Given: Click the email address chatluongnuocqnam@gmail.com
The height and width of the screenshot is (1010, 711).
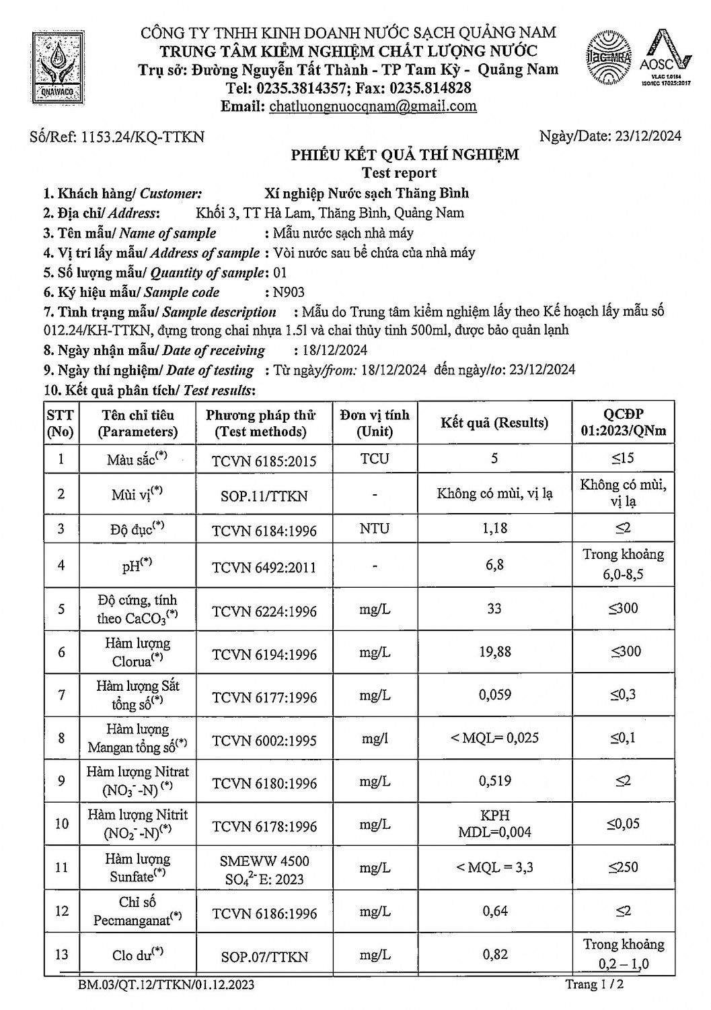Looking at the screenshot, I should pyautogui.click(x=373, y=106).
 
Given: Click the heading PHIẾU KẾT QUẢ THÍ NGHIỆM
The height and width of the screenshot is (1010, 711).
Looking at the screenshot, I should pyautogui.click(x=404, y=155).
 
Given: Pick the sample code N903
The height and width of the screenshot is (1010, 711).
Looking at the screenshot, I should pyautogui.click(x=288, y=292).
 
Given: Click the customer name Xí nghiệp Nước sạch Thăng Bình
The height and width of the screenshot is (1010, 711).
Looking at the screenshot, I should pyautogui.click(x=367, y=194).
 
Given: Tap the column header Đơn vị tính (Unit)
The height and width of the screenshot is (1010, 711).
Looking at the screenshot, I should pyautogui.click(x=375, y=423).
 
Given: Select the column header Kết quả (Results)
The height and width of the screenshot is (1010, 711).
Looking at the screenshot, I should pyautogui.click(x=494, y=423).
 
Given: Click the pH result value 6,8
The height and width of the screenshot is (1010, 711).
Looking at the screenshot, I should pyautogui.click(x=494, y=565).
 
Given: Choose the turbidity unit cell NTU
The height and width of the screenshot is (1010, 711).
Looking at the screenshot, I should pyautogui.click(x=375, y=529).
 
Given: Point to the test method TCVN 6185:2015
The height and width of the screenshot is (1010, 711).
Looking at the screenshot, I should pyautogui.click(x=264, y=461).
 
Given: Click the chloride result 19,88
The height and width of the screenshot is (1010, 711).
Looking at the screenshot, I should pyautogui.click(x=494, y=652).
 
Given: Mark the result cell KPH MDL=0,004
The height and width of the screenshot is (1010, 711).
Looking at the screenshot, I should pyautogui.click(x=494, y=823).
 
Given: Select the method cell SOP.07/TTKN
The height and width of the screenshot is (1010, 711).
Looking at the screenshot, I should pyautogui.click(x=264, y=956).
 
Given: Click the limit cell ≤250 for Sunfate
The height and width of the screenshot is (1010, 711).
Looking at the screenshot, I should pyautogui.click(x=624, y=867).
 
